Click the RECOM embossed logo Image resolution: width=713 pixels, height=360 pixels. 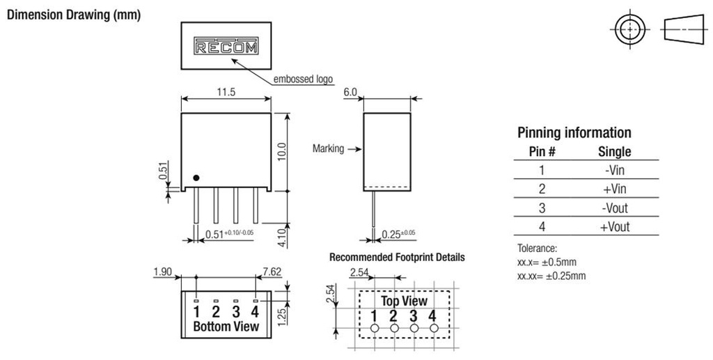(x=226, y=47)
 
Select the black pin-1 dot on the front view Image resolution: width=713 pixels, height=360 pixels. (x=196, y=178)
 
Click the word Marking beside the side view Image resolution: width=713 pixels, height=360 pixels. (x=328, y=148)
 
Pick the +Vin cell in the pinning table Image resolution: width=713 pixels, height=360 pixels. (x=614, y=189)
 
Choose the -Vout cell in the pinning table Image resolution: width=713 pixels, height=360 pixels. (x=614, y=208)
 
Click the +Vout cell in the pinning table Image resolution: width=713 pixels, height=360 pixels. (x=614, y=226)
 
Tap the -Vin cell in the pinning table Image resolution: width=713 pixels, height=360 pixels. (x=614, y=170)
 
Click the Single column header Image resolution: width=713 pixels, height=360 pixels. (x=614, y=151)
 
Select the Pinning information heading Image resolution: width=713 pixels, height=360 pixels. (x=574, y=132)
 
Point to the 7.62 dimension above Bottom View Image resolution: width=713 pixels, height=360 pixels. (x=272, y=272)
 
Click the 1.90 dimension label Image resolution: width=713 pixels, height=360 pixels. (x=163, y=272)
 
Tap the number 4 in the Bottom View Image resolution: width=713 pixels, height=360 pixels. (x=256, y=311)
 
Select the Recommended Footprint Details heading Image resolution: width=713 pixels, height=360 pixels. (x=397, y=258)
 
